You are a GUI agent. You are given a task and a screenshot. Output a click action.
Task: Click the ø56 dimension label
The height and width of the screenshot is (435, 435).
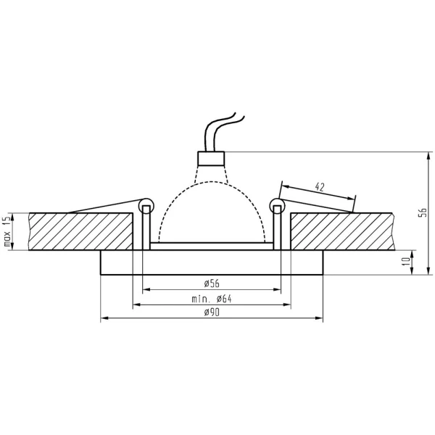coord(212,283)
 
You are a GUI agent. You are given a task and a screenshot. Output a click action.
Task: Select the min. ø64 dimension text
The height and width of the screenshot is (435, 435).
coord(212,298)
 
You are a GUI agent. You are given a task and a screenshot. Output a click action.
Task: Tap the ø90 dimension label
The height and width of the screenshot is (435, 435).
coord(212,312)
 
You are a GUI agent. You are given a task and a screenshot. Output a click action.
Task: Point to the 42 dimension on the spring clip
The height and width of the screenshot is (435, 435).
coord(319,186)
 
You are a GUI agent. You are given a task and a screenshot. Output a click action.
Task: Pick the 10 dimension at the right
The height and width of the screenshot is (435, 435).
coord(420,262)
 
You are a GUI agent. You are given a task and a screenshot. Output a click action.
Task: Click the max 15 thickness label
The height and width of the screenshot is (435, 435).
coord(8,232)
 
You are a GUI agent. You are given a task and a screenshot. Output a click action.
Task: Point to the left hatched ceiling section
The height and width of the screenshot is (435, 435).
coord(80,231)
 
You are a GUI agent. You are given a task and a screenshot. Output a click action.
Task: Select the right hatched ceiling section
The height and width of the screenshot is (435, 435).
coord(341,231)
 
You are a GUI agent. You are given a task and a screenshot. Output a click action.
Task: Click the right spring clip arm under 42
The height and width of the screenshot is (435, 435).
coord(319,202)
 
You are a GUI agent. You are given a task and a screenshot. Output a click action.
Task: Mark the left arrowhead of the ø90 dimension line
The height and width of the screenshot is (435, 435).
coord(103,319)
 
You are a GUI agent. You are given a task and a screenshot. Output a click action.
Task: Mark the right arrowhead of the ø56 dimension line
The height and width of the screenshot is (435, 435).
coord(277,289)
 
